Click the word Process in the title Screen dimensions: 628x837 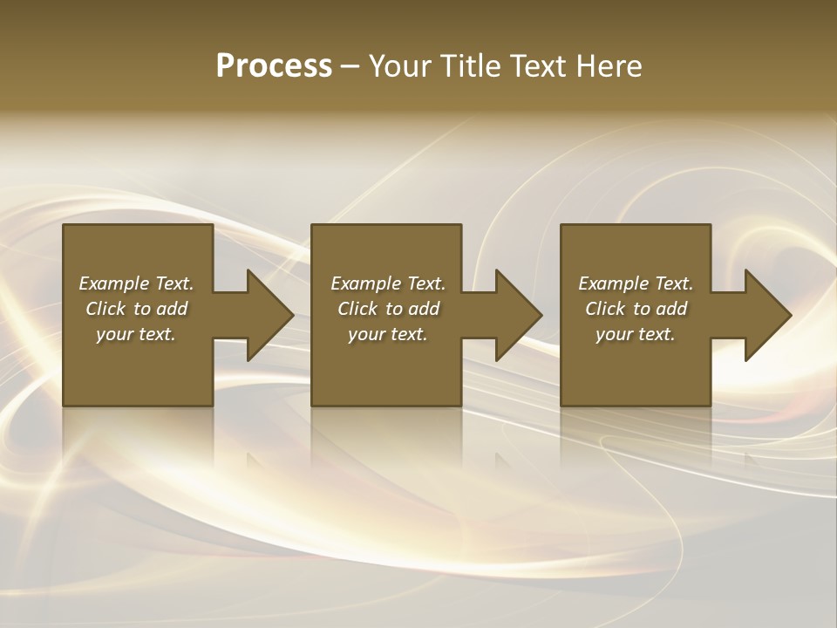(274, 66)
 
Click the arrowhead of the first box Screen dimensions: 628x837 (270, 315)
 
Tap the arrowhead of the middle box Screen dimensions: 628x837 (519, 315)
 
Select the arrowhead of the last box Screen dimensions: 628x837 (768, 315)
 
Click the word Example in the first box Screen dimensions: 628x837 (114, 283)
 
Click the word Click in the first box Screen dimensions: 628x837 (105, 309)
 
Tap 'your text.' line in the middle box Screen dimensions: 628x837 (387, 334)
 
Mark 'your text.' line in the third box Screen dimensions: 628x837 (635, 334)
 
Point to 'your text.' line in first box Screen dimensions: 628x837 (135, 334)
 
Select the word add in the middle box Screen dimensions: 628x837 (424, 309)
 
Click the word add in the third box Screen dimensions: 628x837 (671, 309)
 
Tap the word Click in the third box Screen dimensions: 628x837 (605, 309)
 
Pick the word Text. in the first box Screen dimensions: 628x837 (174, 283)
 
